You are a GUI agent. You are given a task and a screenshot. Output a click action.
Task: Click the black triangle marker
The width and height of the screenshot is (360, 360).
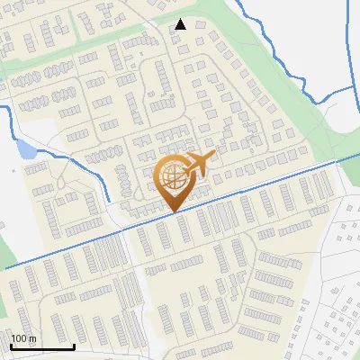click(x=180, y=24)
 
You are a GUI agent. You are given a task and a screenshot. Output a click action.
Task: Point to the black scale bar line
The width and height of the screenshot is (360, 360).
click(x=41, y=346)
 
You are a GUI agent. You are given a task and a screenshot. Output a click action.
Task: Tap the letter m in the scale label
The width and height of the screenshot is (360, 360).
click(x=32, y=338)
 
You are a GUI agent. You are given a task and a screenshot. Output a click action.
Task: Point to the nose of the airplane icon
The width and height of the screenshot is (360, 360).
click(x=212, y=158)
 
